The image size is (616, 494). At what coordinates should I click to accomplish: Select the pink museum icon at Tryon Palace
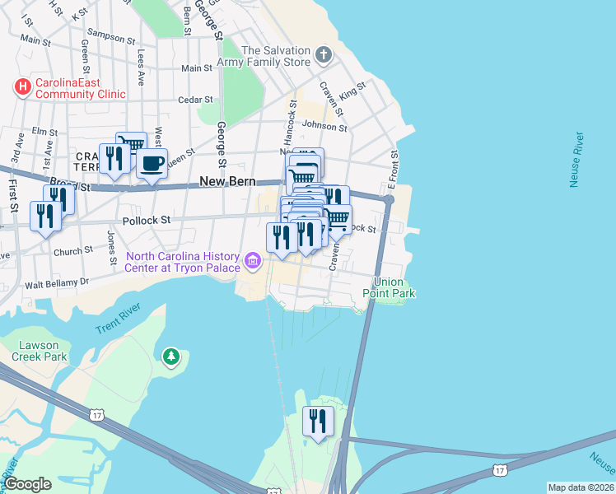click(254, 263)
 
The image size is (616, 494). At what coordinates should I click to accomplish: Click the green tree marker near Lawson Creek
click(170, 357)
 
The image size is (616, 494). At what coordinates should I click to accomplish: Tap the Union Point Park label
click(390, 287)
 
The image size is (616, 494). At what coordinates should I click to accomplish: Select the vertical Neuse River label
click(577, 159)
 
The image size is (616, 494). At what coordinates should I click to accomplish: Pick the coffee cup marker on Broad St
click(152, 165)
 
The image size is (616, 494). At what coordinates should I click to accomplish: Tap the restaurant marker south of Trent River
click(317, 421)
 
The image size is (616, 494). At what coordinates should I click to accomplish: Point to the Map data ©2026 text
click(580, 487)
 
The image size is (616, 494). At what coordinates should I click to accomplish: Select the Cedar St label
click(195, 100)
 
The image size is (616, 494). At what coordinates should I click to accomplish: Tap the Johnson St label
click(324, 126)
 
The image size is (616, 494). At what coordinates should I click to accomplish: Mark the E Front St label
click(395, 167)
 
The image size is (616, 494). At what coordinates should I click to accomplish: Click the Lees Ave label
click(141, 65)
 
